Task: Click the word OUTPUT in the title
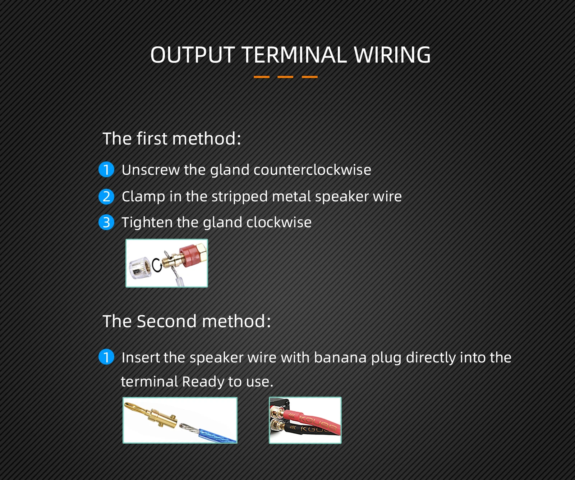pos(193,55)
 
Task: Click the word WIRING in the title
pos(392,55)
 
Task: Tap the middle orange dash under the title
pos(285,77)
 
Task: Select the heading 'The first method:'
pos(172,138)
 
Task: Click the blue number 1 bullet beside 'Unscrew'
pos(106,169)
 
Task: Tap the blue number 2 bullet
pos(106,197)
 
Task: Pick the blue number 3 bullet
pos(106,222)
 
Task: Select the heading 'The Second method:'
pos(187,321)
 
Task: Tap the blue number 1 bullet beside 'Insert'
pos(106,357)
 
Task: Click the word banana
pos(340,358)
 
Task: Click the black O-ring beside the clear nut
pos(157,265)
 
